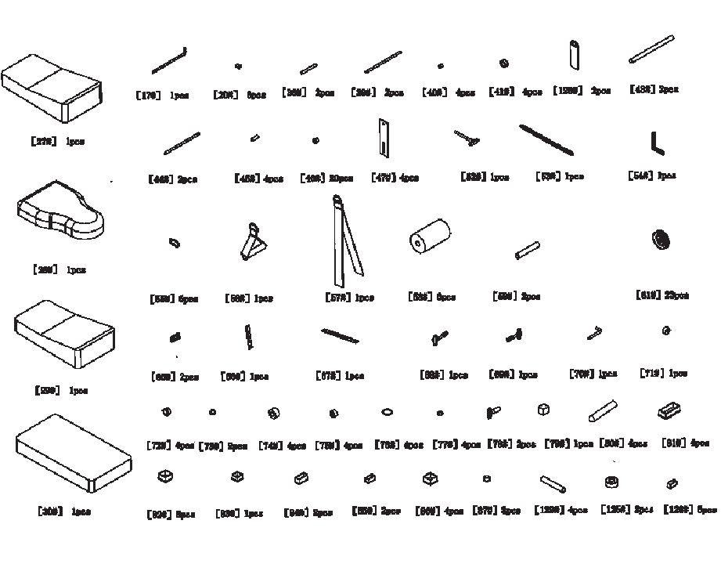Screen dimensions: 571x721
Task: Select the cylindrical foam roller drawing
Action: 430,235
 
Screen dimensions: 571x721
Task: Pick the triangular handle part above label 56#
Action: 252,242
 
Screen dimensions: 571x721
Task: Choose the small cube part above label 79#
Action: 543,410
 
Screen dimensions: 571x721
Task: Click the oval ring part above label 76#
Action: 387,412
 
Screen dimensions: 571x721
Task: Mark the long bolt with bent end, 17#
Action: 169,60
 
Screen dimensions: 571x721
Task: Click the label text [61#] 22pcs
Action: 662,295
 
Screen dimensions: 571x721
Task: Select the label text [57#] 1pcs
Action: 349,298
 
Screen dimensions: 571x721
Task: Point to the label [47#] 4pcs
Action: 395,178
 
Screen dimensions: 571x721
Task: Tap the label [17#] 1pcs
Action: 162,95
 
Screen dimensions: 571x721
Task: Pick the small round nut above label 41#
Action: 504,63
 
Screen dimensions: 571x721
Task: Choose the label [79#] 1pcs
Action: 568,444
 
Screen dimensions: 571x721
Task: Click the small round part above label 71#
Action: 665,331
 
